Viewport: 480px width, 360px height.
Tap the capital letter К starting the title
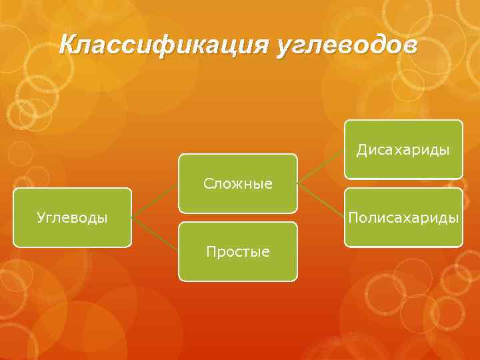coord(67,45)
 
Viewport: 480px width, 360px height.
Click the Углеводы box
coord(72,217)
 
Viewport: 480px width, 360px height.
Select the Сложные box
coord(237,183)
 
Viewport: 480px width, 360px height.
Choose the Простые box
coord(237,251)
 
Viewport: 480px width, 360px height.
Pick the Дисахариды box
coord(403,149)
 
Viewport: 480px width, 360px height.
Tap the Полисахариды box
coord(403,217)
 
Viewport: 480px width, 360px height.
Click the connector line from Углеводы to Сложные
coord(155,201)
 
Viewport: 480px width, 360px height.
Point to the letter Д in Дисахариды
coord(361,150)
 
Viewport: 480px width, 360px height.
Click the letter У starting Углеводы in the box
coord(41,217)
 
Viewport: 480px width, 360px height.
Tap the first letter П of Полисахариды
coord(352,217)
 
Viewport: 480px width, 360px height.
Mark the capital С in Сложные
coord(207,183)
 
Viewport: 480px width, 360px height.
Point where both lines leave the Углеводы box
coord(133,217)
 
